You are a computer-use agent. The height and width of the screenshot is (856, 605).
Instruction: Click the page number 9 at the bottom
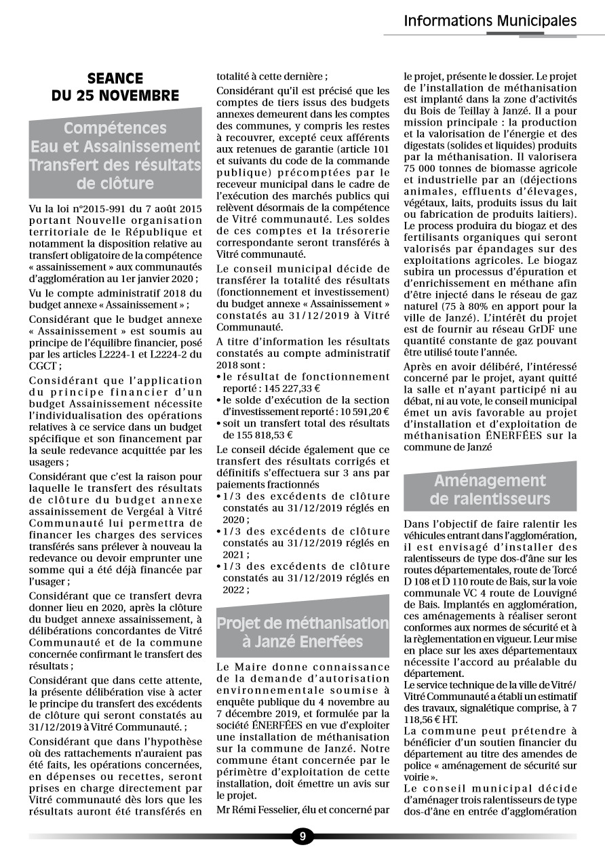point(302,836)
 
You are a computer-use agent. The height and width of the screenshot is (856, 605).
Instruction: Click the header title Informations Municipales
point(490,21)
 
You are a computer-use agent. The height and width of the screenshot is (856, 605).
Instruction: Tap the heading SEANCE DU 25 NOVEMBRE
point(115,87)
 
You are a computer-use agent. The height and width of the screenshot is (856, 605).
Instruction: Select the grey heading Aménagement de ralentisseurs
point(490,490)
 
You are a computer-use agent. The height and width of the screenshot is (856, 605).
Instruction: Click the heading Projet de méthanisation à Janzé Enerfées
point(302,632)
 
